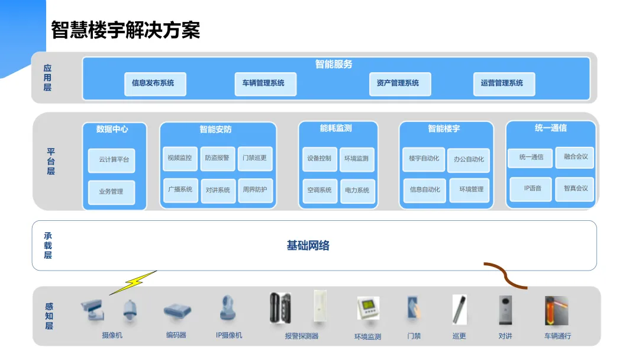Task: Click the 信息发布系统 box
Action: pyautogui.click(x=155, y=83)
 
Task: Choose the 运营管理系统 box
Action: pyautogui.click(x=504, y=83)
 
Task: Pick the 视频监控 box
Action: pyautogui.click(x=180, y=159)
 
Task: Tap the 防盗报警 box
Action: pyautogui.click(x=217, y=159)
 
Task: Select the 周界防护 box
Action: pyautogui.click(x=255, y=190)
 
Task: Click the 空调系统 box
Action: pyautogui.click(x=319, y=191)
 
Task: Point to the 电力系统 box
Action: pyautogui.click(x=357, y=191)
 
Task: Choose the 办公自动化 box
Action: pyautogui.click(x=469, y=160)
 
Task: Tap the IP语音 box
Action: pyautogui.click(x=530, y=189)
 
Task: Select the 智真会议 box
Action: pyautogui.click(x=575, y=189)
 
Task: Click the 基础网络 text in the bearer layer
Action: pyautogui.click(x=308, y=246)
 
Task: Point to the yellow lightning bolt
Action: pyautogui.click(x=133, y=283)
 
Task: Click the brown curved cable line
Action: pyautogui.click(x=505, y=275)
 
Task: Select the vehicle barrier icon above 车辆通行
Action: pyautogui.click(x=556, y=311)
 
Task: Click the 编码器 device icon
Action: pyautogui.click(x=177, y=310)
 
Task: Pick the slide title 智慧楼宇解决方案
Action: pyautogui.click(x=126, y=30)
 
